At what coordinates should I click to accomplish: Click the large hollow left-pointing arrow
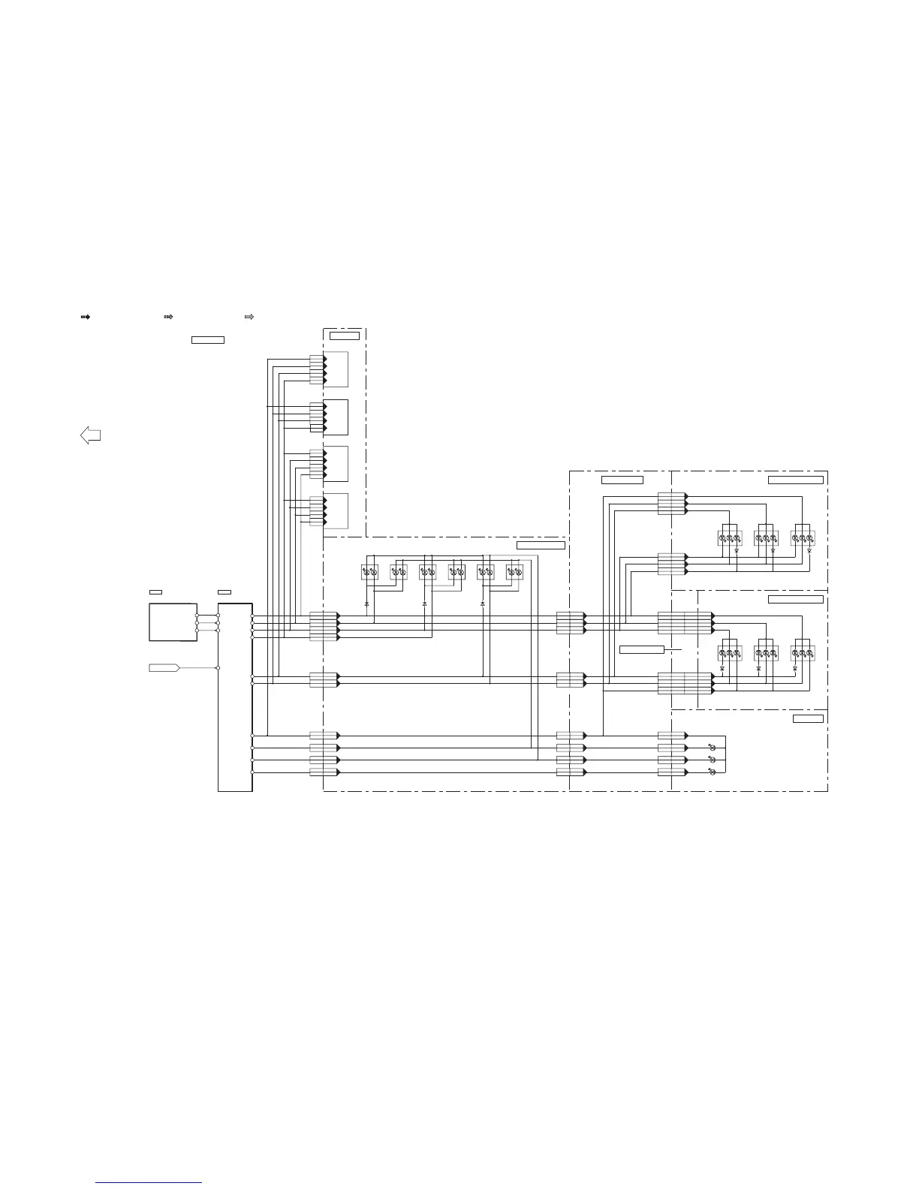(x=90, y=435)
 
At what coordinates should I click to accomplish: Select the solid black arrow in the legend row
(x=85, y=318)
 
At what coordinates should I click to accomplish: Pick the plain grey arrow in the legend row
(x=249, y=318)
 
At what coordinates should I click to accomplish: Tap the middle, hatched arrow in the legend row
(x=168, y=318)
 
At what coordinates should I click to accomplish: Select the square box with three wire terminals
(x=173, y=622)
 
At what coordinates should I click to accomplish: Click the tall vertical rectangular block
(x=235, y=697)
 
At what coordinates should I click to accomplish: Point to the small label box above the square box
(x=155, y=592)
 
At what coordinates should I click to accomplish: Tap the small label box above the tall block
(x=224, y=592)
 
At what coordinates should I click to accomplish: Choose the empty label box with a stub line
(x=642, y=649)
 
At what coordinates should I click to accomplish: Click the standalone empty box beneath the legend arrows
(x=208, y=340)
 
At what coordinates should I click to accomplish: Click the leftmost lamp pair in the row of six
(x=369, y=572)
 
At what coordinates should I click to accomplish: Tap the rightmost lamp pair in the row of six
(x=514, y=572)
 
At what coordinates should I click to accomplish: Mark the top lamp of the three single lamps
(x=712, y=748)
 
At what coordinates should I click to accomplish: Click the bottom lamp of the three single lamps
(x=712, y=772)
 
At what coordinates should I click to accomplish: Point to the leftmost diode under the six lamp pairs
(x=367, y=604)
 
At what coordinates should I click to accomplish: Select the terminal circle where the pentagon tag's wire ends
(x=218, y=667)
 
